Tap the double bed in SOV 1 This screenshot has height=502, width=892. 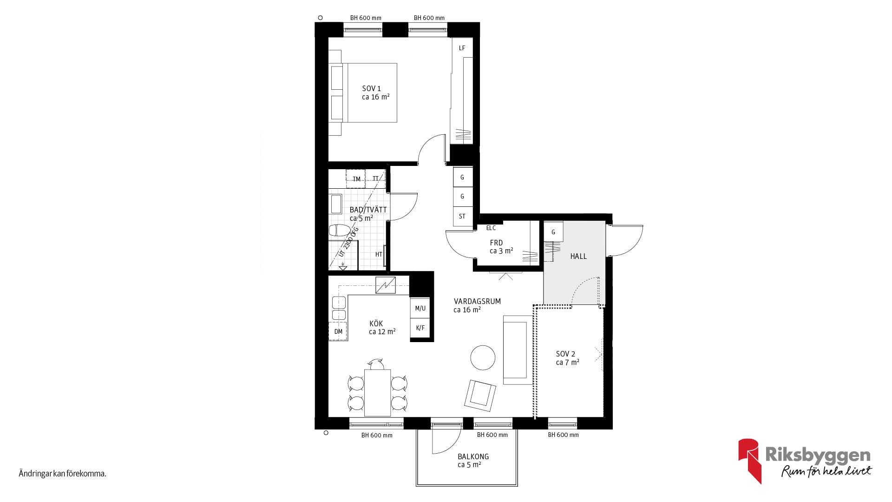point(363,93)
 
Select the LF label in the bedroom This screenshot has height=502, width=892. point(462,48)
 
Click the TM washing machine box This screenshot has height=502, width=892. point(356,179)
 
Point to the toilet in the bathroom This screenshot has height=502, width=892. point(340,230)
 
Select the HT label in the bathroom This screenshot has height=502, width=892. point(379,254)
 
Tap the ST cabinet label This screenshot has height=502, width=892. point(462,216)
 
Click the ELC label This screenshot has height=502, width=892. point(491,228)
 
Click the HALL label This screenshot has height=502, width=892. point(578,256)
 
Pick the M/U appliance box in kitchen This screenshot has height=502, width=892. point(420,308)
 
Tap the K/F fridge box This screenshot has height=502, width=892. point(420,328)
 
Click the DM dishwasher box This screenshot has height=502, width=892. point(338,331)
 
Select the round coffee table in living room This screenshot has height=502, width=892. point(483,357)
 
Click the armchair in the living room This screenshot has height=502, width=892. point(480,396)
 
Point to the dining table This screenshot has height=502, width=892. point(377,393)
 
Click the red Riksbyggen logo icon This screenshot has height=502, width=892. point(750,460)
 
